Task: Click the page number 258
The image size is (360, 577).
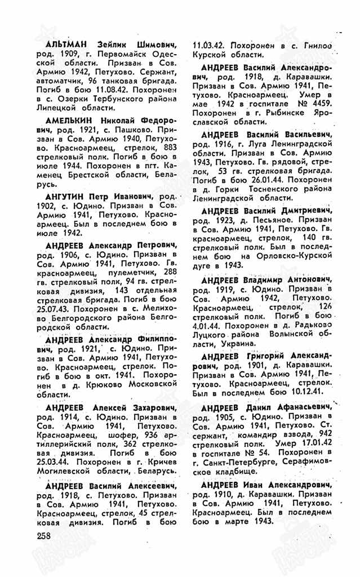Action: click(x=45, y=536)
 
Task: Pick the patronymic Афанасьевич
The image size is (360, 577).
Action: click(x=301, y=408)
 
